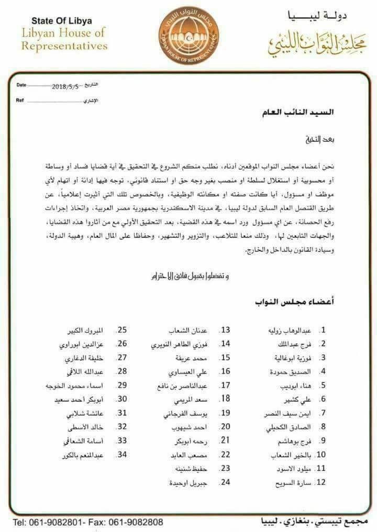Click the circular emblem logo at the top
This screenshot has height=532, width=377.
coord(188,36)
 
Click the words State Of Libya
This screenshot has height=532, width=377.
coord(62,21)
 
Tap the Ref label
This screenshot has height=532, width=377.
coord(20,99)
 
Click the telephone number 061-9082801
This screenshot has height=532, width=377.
coord(54,522)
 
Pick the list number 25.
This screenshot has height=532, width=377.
coord(122,331)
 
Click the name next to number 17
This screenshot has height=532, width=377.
coord(183,386)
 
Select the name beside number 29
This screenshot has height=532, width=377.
coord(80,386)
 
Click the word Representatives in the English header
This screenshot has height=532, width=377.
coord(64,45)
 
